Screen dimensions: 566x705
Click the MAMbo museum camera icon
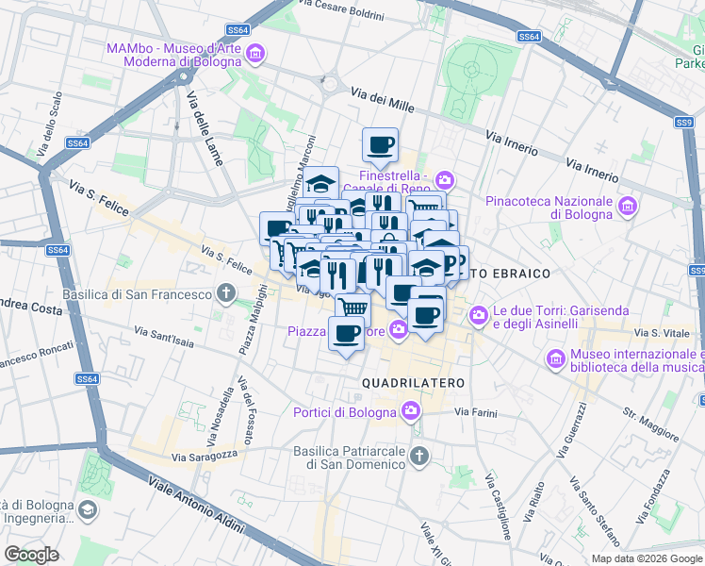pyautogui.click(x=254, y=56)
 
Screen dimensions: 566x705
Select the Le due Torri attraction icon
pyautogui.click(x=479, y=314)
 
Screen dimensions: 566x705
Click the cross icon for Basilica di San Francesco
pyautogui.click(x=225, y=293)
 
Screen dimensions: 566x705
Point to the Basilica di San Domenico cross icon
pyautogui.click(x=419, y=458)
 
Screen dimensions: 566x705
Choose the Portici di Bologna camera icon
pyautogui.click(x=410, y=410)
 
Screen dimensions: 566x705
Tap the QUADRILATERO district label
pyautogui.click(x=414, y=383)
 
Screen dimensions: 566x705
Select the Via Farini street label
pyautogui.click(x=475, y=412)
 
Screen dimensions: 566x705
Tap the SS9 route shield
pyautogui.click(x=683, y=123)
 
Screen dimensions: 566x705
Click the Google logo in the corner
pyautogui.click(x=31, y=554)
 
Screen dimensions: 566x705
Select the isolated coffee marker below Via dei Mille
pyautogui.click(x=381, y=145)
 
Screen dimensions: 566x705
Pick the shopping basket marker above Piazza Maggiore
pyautogui.click(x=352, y=307)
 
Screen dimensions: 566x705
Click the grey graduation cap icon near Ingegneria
pyautogui.click(x=88, y=510)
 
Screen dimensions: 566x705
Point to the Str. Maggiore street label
pyautogui.click(x=650, y=424)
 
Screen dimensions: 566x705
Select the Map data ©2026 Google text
pyautogui.click(x=647, y=558)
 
